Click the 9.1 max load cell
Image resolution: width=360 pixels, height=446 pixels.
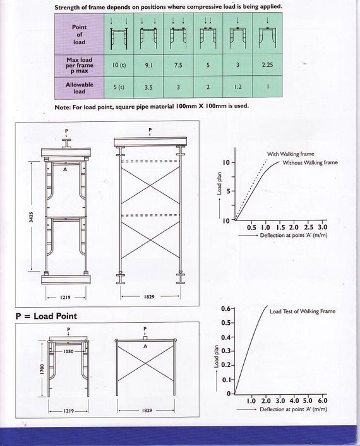click(148, 65)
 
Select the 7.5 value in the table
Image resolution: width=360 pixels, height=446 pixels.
click(178, 65)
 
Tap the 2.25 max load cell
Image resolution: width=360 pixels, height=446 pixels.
click(267, 65)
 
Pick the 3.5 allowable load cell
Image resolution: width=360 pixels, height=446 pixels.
click(148, 87)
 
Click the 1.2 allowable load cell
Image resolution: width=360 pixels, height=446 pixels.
click(237, 87)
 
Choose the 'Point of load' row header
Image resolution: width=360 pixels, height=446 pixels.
click(80, 34)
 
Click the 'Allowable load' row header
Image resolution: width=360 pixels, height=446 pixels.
click(80, 88)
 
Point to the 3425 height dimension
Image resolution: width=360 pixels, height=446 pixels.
click(32, 217)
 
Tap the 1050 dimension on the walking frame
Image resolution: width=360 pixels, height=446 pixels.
click(68, 351)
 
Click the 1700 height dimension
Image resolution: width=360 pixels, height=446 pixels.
click(42, 369)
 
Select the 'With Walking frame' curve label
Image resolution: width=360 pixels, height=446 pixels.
click(291, 154)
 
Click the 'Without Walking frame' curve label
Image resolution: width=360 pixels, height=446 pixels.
click(310, 162)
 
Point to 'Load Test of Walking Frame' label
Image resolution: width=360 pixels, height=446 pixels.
click(303, 311)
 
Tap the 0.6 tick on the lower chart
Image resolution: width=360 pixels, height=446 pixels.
click(225, 309)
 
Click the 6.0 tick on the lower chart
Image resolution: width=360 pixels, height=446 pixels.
click(323, 401)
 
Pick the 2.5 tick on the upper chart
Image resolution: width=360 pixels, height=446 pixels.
click(309, 227)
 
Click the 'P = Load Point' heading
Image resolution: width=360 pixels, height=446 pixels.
click(46, 316)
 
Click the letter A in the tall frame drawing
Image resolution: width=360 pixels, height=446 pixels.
click(65, 169)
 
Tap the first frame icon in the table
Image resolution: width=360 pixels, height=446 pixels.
click(119, 38)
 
